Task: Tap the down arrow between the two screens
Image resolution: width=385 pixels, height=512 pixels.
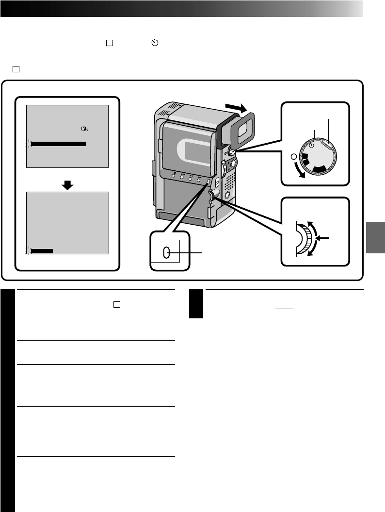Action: coord(68,185)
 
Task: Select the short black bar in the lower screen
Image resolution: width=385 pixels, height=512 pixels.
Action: coord(42,250)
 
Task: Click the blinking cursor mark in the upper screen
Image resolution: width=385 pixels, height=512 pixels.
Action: coord(28,144)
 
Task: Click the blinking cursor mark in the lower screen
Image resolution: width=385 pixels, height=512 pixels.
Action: coord(28,250)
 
